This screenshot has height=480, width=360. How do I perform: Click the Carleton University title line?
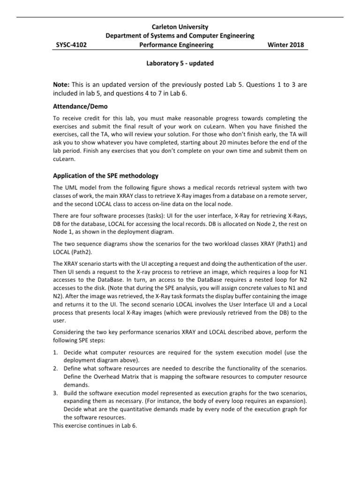click(180, 27)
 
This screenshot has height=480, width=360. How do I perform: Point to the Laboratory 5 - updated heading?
click(180, 63)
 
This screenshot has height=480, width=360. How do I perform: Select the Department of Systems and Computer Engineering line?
click(180, 36)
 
